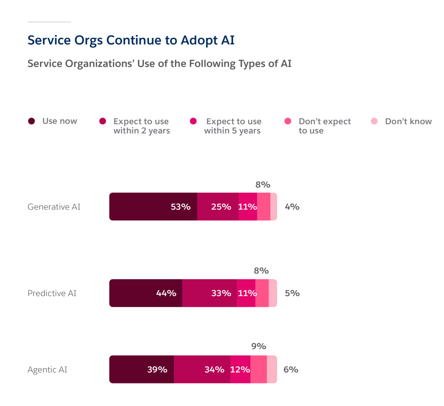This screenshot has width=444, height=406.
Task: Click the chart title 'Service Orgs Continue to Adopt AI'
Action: click(x=131, y=40)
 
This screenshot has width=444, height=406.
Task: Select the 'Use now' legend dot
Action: click(x=31, y=121)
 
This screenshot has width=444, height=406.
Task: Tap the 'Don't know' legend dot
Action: click(x=374, y=121)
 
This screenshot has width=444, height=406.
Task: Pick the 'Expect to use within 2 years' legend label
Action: click(x=141, y=126)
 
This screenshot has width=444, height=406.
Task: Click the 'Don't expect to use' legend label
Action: click(x=325, y=126)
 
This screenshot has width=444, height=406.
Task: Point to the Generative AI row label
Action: click(x=54, y=207)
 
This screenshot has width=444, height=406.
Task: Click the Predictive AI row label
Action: click(x=52, y=293)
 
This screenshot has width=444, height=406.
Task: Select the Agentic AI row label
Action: click(x=47, y=370)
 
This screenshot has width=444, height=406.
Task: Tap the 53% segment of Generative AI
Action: click(x=153, y=207)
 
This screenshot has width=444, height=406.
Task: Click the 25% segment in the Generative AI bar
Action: click(x=218, y=207)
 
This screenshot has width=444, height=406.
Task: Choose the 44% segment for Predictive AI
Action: click(x=145, y=293)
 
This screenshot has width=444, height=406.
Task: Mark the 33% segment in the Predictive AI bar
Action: click(x=210, y=293)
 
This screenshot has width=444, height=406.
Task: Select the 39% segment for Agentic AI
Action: click(x=141, y=370)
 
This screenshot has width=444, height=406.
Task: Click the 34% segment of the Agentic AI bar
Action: click(x=202, y=370)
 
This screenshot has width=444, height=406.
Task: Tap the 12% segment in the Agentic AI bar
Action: click(x=240, y=370)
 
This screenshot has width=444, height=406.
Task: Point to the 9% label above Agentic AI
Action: click(x=259, y=347)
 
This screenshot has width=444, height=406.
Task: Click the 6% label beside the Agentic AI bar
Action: click(x=291, y=370)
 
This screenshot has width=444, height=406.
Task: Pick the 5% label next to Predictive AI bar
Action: click(x=292, y=293)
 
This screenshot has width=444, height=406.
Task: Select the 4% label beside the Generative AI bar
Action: click(x=292, y=207)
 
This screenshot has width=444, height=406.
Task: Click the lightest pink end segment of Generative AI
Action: click(x=274, y=207)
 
